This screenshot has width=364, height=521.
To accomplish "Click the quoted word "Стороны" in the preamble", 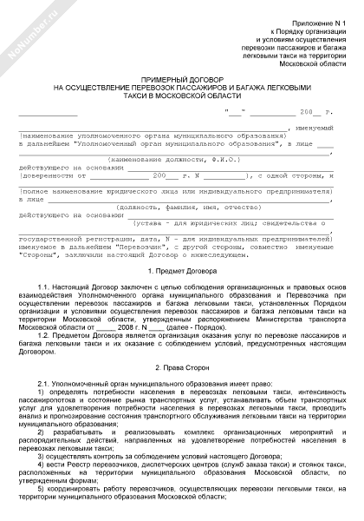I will (x=41, y=254).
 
